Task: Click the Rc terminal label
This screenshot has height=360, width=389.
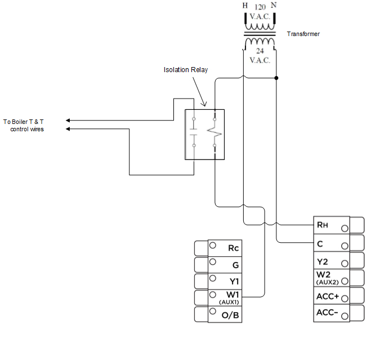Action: [x=233, y=248]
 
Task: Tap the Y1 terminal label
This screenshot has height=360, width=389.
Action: [x=233, y=281]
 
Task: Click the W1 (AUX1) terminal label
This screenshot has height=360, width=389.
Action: [x=232, y=297]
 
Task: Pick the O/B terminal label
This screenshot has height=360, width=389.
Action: [x=231, y=314]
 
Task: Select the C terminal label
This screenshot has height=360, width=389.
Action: [x=320, y=243]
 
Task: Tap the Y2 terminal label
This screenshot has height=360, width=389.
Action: [x=322, y=261]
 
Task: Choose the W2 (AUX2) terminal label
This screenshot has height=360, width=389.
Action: [x=326, y=277]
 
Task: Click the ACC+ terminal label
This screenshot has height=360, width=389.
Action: [x=327, y=295]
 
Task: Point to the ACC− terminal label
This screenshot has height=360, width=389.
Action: [x=327, y=313]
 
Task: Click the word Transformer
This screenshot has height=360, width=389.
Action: [x=303, y=34]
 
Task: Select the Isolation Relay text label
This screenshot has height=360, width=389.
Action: [x=186, y=70]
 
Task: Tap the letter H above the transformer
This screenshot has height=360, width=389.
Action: [x=244, y=6]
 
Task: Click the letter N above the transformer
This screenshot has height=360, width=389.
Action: [x=274, y=6]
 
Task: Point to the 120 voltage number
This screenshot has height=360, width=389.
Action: [x=260, y=7]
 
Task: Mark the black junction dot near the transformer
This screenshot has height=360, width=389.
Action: [x=276, y=78]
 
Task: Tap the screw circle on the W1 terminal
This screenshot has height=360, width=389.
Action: [x=213, y=294]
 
